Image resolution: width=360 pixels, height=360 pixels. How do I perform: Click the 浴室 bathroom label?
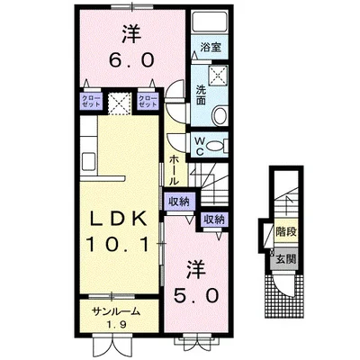[x=211, y=47]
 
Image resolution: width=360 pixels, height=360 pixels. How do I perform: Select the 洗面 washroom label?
[x=201, y=94]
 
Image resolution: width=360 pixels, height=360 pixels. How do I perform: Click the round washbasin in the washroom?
[x=220, y=115]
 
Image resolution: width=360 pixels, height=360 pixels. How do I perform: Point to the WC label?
[x=200, y=146]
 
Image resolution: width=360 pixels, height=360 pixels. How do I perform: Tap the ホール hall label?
[x=175, y=169]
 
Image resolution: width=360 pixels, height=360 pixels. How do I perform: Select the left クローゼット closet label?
[x=91, y=101]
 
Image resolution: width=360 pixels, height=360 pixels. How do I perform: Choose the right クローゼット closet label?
[x=148, y=101]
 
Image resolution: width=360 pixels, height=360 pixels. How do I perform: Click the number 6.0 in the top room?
[x=131, y=60]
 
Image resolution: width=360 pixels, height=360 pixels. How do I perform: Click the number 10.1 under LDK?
[x=117, y=244]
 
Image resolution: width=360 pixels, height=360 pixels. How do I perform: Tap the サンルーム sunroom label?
[x=116, y=312]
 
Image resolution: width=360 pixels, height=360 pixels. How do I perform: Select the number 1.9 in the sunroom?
[x=116, y=324]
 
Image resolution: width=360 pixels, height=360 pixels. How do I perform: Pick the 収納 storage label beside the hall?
[x=179, y=202]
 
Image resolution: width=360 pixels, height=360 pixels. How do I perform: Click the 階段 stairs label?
[x=286, y=231]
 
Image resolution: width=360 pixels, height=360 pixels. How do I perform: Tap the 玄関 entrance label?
[x=286, y=258]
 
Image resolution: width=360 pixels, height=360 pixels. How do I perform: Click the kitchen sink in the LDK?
[x=88, y=161]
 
